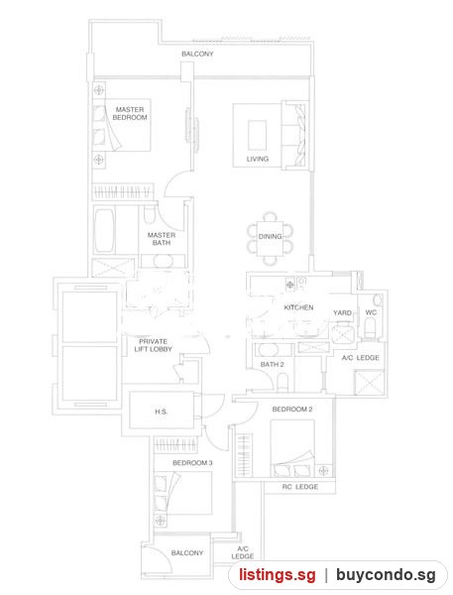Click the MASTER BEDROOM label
pyautogui.click(x=130, y=113)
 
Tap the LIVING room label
pyautogui.click(x=258, y=159)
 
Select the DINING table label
pyautogui.click(x=271, y=236)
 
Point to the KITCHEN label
pyautogui.click(x=299, y=307)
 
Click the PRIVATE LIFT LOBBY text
pyautogui.click(x=153, y=345)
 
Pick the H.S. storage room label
pyautogui.click(x=162, y=412)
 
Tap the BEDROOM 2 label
pyautogui.click(x=292, y=409)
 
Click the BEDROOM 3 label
pyautogui.click(x=192, y=463)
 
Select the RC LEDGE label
pyautogui.click(x=300, y=487)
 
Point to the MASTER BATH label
pyautogui.click(x=162, y=239)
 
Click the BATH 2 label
pyautogui.click(x=272, y=364)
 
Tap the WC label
pyautogui.click(x=371, y=312)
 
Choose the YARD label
pyautogui.click(x=342, y=312)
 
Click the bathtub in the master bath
pyautogui.click(x=104, y=230)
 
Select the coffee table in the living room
pyautogui.click(x=257, y=136)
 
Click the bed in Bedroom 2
pyautogui.click(x=292, y=448)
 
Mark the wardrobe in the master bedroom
pyautogui.click(x=123, y=191)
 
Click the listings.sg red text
pyautogui.click(x=278, y=575)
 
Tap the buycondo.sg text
pyautogui.click(x=386, y=575)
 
